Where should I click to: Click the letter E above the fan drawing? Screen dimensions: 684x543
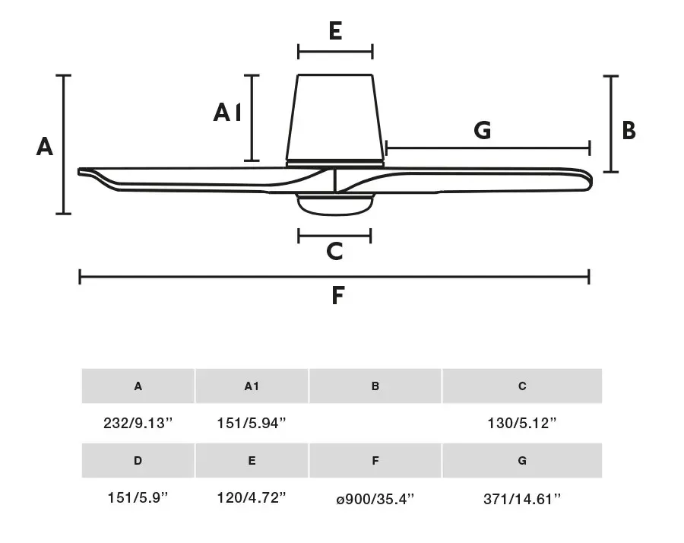point(335,30)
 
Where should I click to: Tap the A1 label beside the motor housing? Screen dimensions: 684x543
point(226,113)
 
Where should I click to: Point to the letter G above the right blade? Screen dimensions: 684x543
point(483,130)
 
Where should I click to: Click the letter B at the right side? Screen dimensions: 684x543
point(629,131)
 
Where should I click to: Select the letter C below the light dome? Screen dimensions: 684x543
point(334,252)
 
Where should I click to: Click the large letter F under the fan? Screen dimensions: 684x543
point(337,296)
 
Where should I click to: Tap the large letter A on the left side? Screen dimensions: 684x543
point(45,146)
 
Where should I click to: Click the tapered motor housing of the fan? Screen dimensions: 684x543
point(335,118)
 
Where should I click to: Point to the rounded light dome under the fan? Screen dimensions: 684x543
point(335,205)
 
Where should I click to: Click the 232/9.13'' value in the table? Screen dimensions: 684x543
point(138,423)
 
